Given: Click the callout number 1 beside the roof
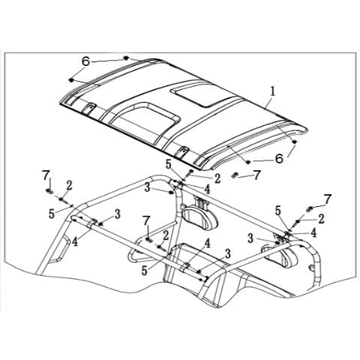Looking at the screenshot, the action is tap(272, 91).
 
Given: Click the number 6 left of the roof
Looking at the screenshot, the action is tap(85, 61).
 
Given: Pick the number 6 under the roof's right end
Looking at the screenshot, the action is tap(279, 158).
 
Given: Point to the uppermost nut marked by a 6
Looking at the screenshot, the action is tap(126, 58).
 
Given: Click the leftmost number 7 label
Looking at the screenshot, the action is tap(46, 176).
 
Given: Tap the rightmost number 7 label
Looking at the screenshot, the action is tap(328, 199).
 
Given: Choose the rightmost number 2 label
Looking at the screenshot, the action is tap(321, 218).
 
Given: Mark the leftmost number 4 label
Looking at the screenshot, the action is tap(74, 241).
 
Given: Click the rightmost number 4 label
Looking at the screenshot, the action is tap(313, 232).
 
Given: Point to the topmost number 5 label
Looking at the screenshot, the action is tap(168, 165).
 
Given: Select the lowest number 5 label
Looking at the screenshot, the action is tap(144, 271).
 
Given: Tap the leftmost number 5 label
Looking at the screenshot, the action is tap(52, 214).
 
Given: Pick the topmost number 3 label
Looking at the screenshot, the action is tap(148, 187).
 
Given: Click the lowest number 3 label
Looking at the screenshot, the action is tap(227, 254).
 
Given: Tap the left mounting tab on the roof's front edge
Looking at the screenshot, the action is tap(88, 109).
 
